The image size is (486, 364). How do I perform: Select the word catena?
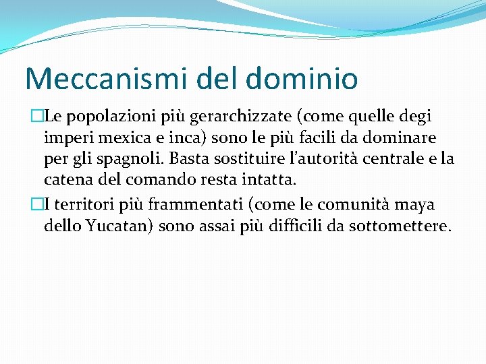coord(63,181)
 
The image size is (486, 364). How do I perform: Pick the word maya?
coord(419,204)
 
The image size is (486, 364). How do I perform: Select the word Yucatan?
coord(122,226)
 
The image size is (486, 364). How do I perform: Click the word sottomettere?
coord(408,226)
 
